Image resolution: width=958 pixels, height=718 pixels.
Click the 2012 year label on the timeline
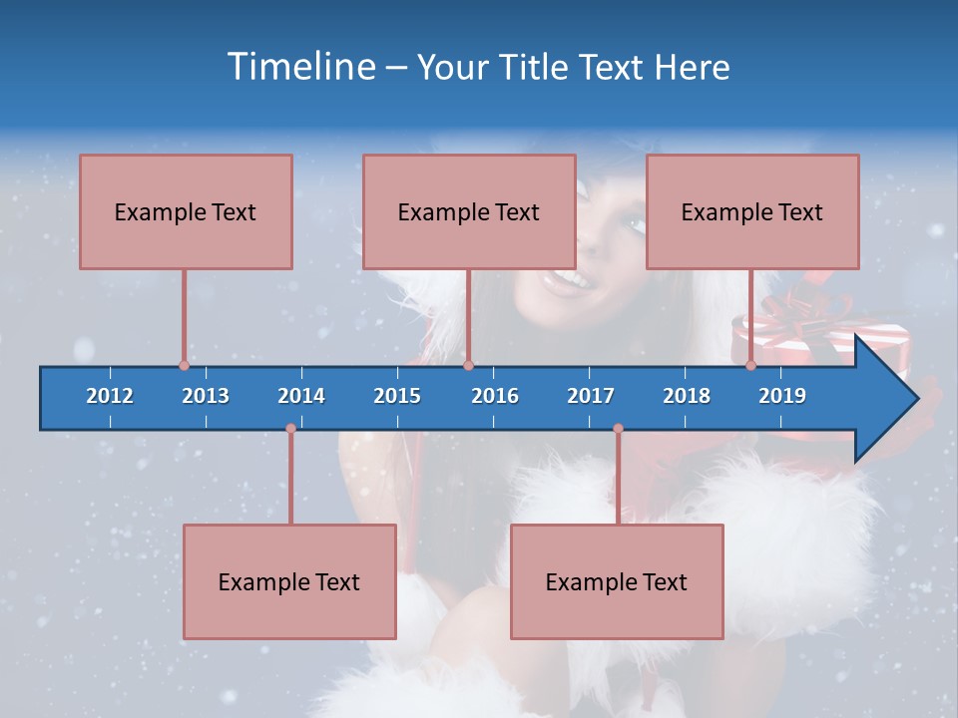coord(110,396)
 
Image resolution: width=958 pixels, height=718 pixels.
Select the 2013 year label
coord(206,396)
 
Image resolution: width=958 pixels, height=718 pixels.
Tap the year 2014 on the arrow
coord(301,396)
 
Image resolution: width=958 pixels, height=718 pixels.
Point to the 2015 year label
coord(397,396)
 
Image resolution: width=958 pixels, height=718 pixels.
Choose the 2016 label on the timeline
coord(495,396)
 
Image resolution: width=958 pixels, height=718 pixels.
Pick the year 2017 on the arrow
coord(591,396)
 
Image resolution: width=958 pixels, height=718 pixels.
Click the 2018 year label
coord(687,396)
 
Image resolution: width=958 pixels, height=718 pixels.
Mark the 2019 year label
coord(782,396)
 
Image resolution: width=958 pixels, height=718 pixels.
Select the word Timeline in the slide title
coord(300,67)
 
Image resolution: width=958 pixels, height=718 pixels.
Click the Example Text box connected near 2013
coord(186,212)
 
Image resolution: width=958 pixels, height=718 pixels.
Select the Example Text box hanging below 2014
coord(289,581)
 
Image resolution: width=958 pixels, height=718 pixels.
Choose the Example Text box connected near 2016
coord(469,212)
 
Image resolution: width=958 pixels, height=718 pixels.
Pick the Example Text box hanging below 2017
coord(617,581)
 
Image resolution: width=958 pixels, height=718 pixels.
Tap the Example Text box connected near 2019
coord(752,212)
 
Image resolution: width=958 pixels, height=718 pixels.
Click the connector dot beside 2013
coord(184,365)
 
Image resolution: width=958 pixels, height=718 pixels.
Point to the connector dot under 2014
coord(290,429)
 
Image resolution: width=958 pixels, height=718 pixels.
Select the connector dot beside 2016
coord(468,365)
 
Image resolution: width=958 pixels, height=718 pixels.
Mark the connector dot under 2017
coord(618,429)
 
